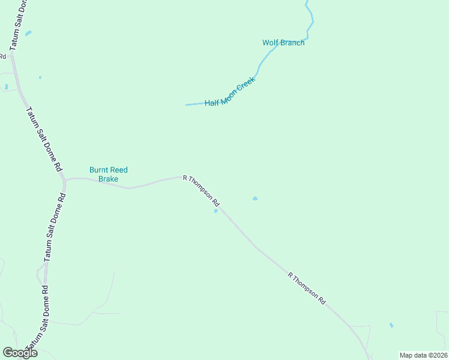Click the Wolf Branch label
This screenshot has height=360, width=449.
283,43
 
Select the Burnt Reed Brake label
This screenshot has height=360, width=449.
109,174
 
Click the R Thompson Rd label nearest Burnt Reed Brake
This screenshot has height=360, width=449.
202,191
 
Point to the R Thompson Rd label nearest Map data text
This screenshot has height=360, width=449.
307,288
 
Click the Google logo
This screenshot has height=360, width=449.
20,353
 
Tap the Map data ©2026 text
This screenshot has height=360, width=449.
423,355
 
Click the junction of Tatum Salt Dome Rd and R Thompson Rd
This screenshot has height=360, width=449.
64,179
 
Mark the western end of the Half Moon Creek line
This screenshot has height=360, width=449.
186,105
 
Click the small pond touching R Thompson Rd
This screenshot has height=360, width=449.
216,211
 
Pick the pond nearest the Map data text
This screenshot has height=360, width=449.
391,325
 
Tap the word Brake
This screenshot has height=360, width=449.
109,179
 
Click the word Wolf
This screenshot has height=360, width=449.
270,43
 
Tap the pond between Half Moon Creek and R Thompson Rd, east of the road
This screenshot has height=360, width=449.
255,198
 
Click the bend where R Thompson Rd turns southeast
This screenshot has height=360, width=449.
184,176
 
